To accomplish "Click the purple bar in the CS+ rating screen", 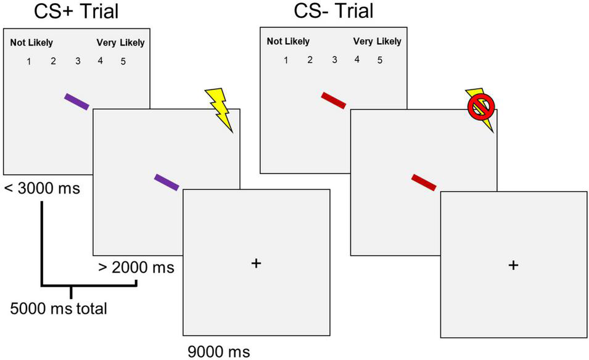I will (x=77, y=102).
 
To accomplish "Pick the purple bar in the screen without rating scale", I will (x=166, y=182).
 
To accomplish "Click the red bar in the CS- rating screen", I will (x=334, y=100).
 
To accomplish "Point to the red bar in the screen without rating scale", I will (x=424, y=182).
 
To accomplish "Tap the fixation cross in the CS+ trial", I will (x=257, y=263).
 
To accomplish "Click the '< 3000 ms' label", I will (x=42, y=187).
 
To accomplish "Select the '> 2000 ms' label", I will (x=136, y=268).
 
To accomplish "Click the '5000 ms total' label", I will (x=59, y=308).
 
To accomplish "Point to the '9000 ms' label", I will (x=219, y=351).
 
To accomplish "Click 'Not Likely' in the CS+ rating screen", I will (x=31, y=43).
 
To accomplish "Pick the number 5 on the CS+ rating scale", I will (x=123, y=61).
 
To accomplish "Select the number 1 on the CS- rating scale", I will (x=285, y=60).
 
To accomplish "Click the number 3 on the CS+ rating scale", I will (x=77, y=61).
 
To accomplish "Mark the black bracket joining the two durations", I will (x=73, y=285).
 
